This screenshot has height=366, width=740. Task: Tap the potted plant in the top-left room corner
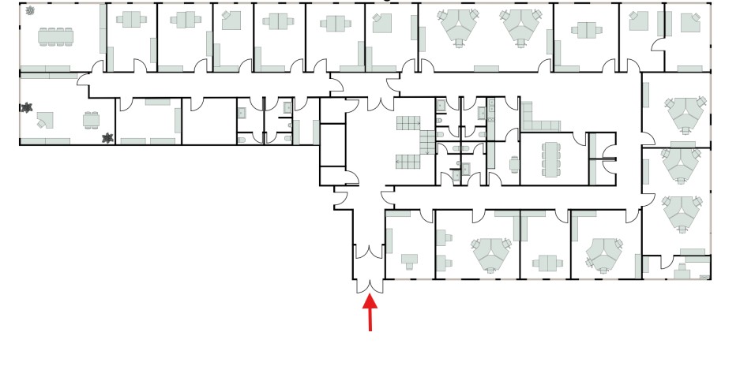[x=30, y=11]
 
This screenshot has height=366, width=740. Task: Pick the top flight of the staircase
[x=409, y=122]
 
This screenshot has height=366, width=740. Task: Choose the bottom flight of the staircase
[x=409, y=161]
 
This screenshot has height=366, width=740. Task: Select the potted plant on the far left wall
[x=28, y=106]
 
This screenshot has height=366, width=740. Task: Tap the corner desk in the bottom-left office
[x=44, y=120]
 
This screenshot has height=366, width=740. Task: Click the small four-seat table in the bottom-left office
[x=92, y=120]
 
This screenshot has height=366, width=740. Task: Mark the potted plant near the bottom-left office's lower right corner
[x=107, y=138]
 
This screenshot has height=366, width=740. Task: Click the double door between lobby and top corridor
[x=378, y=101]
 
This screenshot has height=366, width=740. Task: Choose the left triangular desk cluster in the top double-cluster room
[x=457, y=27]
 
